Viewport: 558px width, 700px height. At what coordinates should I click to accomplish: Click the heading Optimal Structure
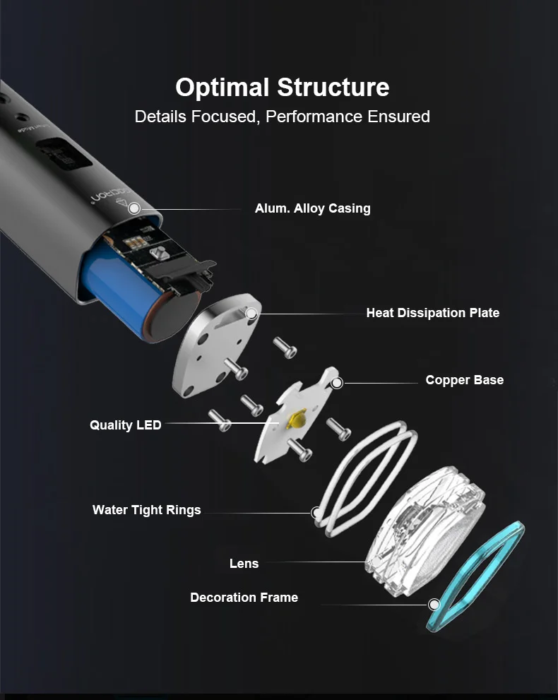282,88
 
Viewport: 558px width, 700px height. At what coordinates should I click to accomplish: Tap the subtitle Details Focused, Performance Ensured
282,117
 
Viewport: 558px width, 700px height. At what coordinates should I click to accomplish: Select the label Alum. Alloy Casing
312,208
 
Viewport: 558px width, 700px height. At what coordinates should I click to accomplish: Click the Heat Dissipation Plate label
432,313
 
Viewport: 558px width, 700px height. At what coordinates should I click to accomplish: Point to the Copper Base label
464,380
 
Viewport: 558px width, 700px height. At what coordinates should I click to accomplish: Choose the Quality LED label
125,425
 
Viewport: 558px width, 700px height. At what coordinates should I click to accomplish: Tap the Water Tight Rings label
146,510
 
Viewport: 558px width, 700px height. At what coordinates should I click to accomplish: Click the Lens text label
244,564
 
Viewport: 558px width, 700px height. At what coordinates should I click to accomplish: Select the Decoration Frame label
244,598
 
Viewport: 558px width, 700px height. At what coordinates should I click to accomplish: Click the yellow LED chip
297,419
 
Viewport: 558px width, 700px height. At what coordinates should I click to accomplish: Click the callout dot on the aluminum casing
133,208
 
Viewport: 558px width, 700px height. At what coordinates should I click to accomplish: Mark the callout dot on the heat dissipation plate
251,313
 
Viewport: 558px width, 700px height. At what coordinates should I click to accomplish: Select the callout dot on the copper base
337,383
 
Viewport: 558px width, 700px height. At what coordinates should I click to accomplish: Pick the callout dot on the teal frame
434,604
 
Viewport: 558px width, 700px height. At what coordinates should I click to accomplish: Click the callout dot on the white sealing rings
317,511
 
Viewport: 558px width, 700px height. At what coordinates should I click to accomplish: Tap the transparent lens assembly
424,523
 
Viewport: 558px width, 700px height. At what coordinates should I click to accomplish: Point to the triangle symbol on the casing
131,208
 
